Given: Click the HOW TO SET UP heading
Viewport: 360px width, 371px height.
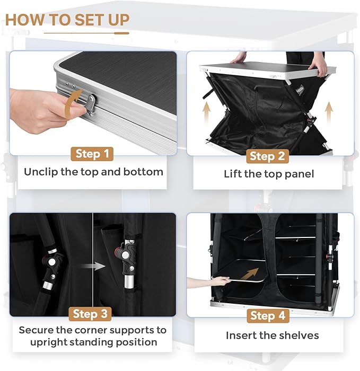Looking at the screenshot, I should [x=67, y=20].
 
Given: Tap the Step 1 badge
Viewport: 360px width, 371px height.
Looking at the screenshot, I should [x=92, y=154].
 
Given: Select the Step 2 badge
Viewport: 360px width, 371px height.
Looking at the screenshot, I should [x=269, y=156].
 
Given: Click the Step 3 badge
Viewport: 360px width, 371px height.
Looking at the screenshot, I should [x=92, y=314].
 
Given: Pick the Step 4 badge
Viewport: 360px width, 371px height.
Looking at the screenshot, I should [x=269, y=316].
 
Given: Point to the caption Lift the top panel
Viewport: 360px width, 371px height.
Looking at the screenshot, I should [x=269, y=174].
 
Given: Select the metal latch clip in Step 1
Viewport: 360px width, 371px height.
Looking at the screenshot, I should [x=90, y=103].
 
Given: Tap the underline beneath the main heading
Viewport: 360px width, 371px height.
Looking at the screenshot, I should [x=86, y=33].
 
